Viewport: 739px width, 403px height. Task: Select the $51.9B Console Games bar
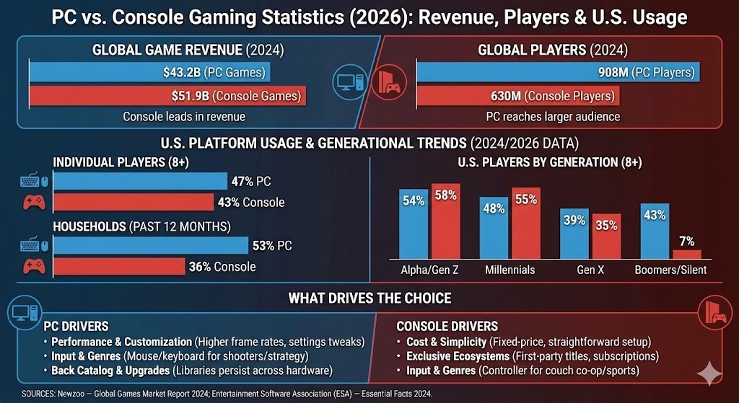(165, 95)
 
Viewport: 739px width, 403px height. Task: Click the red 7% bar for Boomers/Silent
(686, 254)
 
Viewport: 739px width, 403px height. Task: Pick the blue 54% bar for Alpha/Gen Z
(414, 224)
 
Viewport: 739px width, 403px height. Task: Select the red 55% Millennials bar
(525, 223)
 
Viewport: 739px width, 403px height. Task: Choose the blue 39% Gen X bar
(574, 234)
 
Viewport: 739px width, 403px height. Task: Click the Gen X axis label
(590, 270)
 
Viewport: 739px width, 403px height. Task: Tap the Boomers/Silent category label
(670, 270)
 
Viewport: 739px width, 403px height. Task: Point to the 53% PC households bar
(151, 246)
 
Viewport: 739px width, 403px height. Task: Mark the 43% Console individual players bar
(134, 203)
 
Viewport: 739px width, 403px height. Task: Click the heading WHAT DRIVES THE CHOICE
(369, 298)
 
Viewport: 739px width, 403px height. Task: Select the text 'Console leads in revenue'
(184, 116)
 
